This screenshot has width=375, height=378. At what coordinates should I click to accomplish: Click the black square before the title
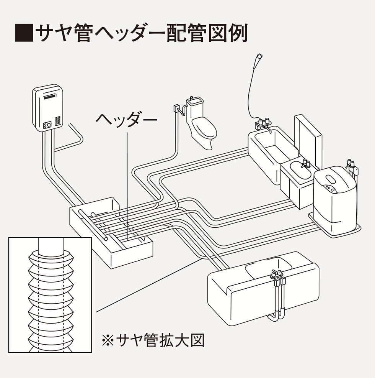click(x=23, y=33)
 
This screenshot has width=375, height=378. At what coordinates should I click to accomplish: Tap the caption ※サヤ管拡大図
click(x=153, y=340)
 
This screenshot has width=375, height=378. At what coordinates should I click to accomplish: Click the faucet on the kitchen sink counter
click(x=277, y=273)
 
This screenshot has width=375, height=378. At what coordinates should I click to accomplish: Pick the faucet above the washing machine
click(x=352, y=165)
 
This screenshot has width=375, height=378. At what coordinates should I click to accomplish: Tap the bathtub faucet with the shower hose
click(x=263, y=124)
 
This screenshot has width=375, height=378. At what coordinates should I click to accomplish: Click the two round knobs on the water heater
click(x=47, y=125)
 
